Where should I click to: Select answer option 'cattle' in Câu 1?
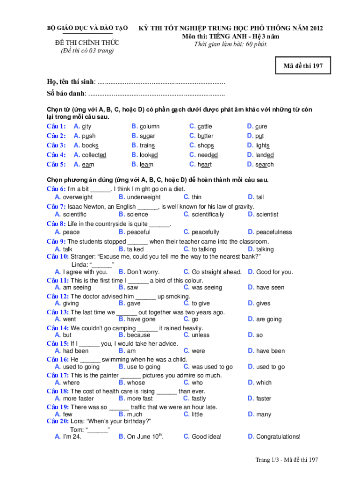click(204, 126)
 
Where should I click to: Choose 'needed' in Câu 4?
click(207, 155)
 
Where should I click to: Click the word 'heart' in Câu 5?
click(204, 165)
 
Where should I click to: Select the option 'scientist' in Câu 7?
click(267, 215)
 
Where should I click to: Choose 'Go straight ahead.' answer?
click(216, 272)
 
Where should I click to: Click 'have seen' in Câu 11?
click(270, 288)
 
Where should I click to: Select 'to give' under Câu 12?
click(201, 304)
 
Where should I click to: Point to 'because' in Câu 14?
click(138, 335)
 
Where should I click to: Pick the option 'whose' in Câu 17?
click(136, 383)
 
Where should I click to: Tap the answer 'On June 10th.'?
click(145, 437)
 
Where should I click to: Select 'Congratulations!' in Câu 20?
click(278, 437)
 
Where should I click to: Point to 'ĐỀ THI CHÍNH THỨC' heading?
click(88, 43)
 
